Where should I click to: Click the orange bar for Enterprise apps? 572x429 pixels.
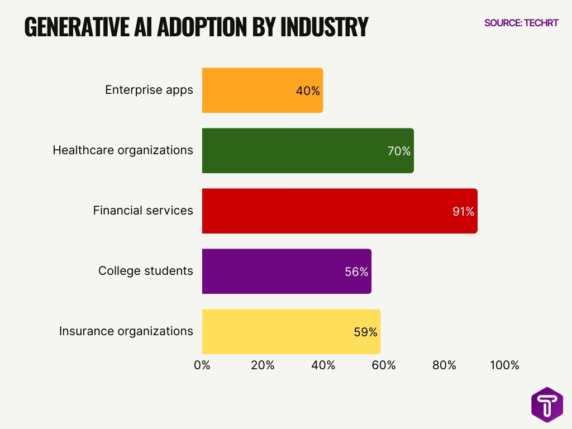click(x=251, y=90)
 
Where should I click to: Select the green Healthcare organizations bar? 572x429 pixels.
click(x=296, y=151)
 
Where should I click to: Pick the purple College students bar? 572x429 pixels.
click(x=274, y=271)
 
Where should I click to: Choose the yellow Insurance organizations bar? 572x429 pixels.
click(x=279, y=332)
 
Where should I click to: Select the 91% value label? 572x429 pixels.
click(x=463, y=212)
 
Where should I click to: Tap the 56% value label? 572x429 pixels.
click(x=356, y=272)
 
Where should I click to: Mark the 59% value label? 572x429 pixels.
click(x=365, y=332)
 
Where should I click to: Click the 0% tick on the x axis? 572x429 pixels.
click(x=202, y=365)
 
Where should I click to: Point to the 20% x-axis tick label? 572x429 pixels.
click(x=263, y=365)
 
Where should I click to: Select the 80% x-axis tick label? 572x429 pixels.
click(x=444, y=365)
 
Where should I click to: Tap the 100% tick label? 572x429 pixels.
click(x=504, y=365)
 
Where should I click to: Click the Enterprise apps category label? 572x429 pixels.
click(x=149, y=90)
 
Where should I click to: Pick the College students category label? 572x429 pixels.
click(x=146, y=271)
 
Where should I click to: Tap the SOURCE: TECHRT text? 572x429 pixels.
click(x=521, y=23)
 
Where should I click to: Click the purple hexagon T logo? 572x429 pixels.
click(x=547, y=404)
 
